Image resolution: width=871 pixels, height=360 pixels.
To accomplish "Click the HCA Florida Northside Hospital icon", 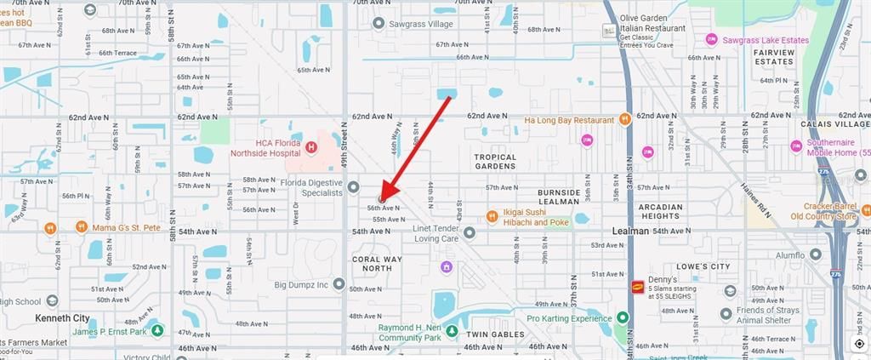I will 311,147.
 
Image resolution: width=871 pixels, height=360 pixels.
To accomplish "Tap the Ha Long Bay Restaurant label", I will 569,120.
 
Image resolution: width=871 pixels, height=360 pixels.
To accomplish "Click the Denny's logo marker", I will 637,288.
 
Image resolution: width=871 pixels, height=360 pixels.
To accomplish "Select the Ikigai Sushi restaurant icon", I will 492,216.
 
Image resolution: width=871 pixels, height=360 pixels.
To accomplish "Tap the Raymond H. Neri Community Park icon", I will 453,331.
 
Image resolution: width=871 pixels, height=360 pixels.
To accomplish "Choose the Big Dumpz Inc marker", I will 339,283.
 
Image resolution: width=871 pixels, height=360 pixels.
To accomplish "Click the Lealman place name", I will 630,231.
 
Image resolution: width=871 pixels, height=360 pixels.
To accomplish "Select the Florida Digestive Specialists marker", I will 353,186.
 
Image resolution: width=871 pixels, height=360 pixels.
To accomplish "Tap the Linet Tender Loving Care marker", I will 469,231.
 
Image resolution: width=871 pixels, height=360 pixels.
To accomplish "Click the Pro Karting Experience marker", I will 623,317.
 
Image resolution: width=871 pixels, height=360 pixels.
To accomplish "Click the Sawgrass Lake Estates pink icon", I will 711,39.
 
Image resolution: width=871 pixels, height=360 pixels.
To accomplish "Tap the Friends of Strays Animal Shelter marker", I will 726,314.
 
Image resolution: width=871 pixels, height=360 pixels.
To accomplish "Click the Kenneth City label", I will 62,317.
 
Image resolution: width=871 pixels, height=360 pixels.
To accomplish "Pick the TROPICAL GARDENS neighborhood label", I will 496,161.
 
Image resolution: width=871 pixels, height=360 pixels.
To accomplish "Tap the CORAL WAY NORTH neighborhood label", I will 378,262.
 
